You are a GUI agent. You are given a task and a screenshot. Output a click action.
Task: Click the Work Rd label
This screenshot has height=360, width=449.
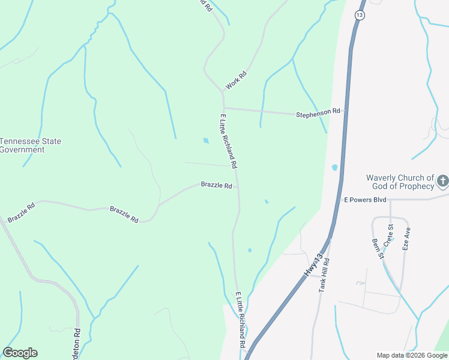tap(237, 80)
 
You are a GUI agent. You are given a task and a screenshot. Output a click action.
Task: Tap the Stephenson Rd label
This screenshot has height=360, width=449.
tap(318, 112)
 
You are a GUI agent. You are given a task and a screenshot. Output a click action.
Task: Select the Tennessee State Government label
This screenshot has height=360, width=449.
tap(30, 145)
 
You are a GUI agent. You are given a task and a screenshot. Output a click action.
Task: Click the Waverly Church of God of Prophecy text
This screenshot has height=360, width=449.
tap(400, 182)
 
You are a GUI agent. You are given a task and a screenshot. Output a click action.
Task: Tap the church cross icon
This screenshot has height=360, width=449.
tap(442, 181)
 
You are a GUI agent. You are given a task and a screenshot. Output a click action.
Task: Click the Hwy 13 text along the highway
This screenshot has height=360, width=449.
tap(318, 265)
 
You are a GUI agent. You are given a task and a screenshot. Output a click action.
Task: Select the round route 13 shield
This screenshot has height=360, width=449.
tap(360, 15)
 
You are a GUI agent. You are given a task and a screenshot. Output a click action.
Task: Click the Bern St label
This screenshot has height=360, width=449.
tap(377, 249)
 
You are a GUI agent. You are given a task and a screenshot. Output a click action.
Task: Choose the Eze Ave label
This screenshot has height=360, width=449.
tap(406, 238)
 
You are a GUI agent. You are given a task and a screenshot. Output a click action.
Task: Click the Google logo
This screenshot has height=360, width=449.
tap(20, 353)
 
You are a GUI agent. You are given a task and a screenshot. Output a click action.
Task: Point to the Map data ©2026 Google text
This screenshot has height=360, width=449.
tap(411, 355)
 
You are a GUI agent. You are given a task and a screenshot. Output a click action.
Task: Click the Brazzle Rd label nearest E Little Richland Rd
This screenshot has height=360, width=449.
tap(216, 185)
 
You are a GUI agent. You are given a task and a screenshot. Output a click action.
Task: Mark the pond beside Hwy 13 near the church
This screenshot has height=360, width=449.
tap(334, 167)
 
